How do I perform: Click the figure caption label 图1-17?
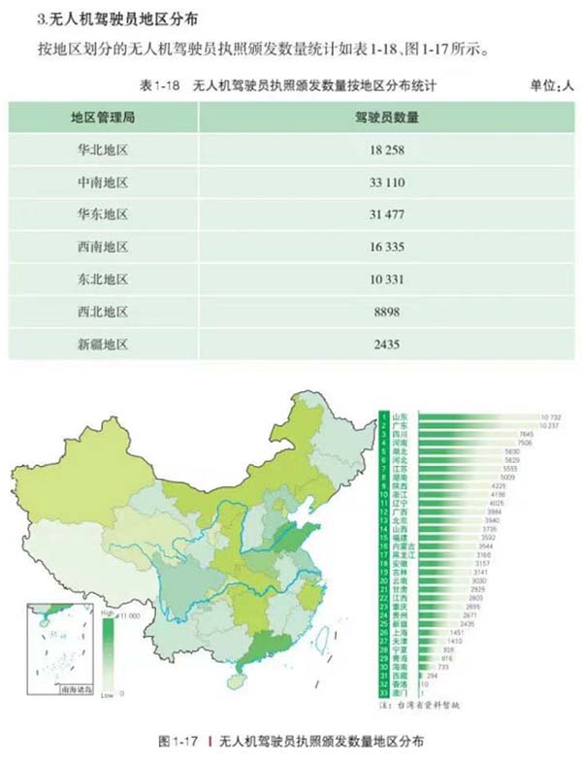pos(178,741)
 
